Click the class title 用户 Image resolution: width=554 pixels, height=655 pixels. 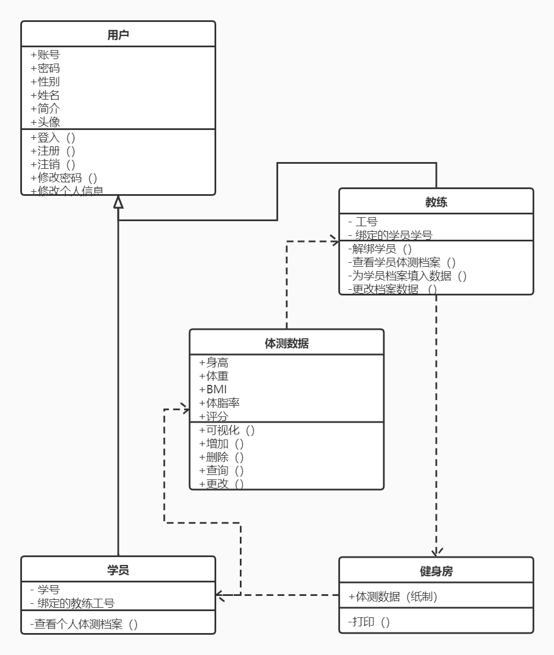tap(118, 34)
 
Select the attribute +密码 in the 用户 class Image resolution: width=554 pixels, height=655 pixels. tap(45, 68)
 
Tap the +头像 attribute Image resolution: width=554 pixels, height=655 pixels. tap(45, 122)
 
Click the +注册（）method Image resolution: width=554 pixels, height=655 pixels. tap(53, 151)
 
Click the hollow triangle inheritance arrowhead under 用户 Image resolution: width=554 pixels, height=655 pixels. tap(118, 201)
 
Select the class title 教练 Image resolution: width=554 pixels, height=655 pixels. tap(436, 201)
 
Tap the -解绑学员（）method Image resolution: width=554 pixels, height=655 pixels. tap(380, 249)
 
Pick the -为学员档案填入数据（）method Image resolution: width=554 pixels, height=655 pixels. tap(407, 276)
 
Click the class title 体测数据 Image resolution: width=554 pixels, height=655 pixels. tap(287, 343)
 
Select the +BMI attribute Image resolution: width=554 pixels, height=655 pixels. tap(213, 389)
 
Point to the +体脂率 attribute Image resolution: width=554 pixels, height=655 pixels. tap(220, 403)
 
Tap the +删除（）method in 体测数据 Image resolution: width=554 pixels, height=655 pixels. tap(221, 457)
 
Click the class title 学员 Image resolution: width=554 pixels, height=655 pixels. tap(118, 570)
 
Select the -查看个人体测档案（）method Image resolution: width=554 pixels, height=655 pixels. tap(84, 624)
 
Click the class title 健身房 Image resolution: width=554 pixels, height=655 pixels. tap(436, 571)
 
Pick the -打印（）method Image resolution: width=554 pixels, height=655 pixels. tap(369, 622)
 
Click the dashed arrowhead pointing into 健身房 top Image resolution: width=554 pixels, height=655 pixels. tap(436, 552)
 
